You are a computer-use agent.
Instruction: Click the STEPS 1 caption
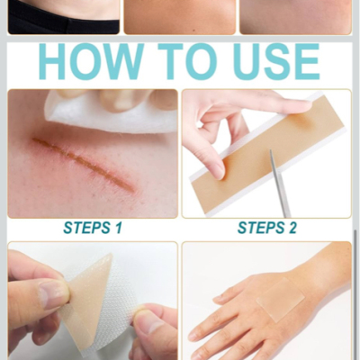[x=93, y=228]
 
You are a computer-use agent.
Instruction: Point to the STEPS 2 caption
[x=267, y=228]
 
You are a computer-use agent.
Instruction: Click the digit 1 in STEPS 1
[x=119, y=228]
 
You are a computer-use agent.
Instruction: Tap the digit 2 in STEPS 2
[x=292, y=228]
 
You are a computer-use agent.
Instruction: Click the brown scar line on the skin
[x=84, y=164]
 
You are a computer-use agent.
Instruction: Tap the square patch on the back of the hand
[x=281, y=299]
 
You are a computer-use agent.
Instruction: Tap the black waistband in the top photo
[x=64, y=22]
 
